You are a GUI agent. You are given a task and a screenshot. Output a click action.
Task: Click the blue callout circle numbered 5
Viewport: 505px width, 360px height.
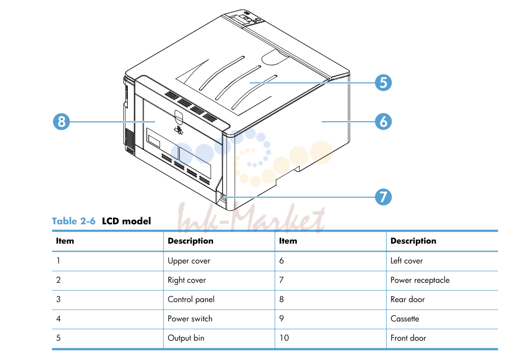(x=383, y=83)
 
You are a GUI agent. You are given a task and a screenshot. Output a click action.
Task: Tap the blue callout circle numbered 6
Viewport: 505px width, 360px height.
(x=383, y=122)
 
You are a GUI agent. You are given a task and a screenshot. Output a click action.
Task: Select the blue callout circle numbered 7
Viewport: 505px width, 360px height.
(x=383, y=197)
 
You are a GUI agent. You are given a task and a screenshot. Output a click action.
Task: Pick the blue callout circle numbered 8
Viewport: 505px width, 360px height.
(x=61, y=122)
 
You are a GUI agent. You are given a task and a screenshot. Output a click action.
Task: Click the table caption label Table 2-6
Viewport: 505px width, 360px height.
(x=74, y=221)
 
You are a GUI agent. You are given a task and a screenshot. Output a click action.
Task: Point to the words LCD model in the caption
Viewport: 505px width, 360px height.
(x=126, y=221)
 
